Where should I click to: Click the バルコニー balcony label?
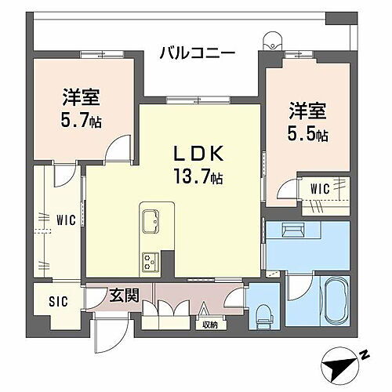click(x=197, y=53)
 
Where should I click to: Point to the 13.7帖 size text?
click(x=197, y=178)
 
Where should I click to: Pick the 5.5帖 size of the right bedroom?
click(x=307, y=133)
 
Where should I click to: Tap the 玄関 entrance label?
click(x=123, y=296)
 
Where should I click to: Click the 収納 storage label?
click(x=209, y=324)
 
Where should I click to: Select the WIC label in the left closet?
click(x=65, y=220)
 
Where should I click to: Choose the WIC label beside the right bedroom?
click(x=319, y=187)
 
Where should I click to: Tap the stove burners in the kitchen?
click(x=150, y=260)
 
